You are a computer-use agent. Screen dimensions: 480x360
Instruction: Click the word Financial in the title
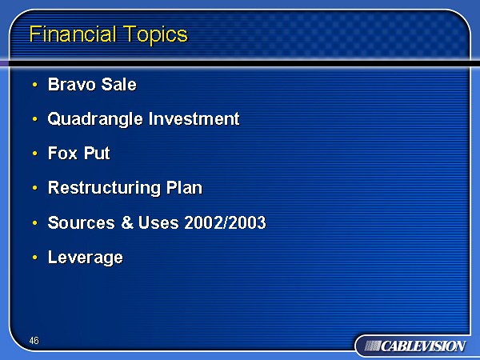[73, 34]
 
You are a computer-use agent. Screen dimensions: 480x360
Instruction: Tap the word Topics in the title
[155, 35]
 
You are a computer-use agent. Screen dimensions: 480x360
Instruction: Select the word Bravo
[72, 84]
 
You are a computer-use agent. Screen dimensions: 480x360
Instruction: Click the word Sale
[118, 84]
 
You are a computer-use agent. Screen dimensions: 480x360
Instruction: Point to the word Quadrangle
[95, 119]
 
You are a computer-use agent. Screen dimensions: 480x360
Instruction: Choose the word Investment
[194, 118]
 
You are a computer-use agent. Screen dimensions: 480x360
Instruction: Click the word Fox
[62, 153]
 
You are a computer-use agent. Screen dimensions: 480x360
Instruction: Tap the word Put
[97, 153]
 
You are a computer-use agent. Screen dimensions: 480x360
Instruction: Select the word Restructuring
[104, 188]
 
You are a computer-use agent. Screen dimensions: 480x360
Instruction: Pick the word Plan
[184, 187]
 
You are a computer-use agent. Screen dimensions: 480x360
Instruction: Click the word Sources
[82, 222]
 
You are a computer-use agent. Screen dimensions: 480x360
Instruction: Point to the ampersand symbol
[127, 222]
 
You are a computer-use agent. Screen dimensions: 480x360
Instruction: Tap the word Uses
[158, 222]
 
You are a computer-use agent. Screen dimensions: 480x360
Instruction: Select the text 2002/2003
[226, 222]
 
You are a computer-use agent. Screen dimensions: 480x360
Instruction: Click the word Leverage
[86, 258]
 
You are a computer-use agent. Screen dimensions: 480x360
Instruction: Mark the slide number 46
[34, 341]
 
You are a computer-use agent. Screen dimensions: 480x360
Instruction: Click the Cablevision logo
[415, 346]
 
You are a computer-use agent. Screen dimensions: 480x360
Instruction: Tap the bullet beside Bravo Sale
[35, 84]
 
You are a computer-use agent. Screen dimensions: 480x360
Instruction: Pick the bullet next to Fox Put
[35, 153]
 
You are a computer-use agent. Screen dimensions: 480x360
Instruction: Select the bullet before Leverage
[35, 258]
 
